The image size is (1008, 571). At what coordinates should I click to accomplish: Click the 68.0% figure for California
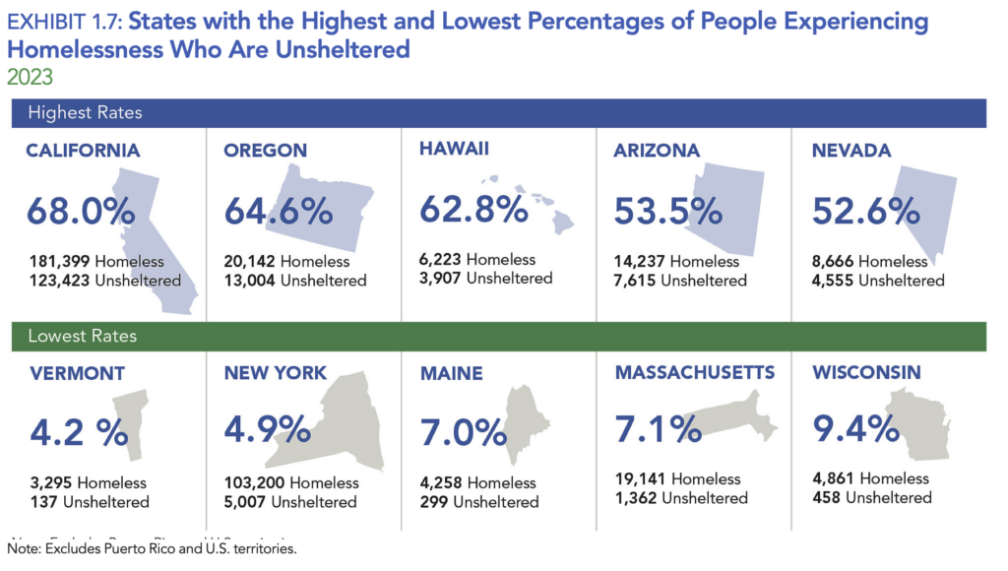(80, 212)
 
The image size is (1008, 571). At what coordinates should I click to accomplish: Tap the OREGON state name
(265, 151)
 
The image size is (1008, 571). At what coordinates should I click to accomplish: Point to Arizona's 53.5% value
(669, 212)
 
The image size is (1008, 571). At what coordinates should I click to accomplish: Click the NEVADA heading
(851, 151)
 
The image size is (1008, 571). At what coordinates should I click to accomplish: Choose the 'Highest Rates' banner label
(85, 112)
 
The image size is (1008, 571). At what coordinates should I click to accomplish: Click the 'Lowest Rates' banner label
(82, 336)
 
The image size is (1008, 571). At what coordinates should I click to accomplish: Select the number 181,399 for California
(58, 262)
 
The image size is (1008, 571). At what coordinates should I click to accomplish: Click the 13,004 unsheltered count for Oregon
(251, 281)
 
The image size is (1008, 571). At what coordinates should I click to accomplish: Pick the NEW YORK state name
(275, 373)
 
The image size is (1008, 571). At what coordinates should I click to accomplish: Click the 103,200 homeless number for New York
(255, 483)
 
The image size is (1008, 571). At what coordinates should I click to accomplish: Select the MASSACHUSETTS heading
(695, 372)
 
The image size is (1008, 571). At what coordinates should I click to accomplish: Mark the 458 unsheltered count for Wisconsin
(827, 497)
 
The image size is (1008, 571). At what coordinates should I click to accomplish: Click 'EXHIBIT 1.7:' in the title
(67, 21)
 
